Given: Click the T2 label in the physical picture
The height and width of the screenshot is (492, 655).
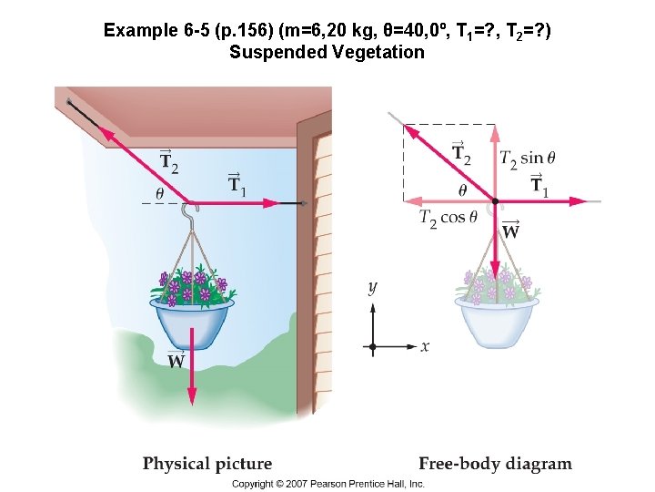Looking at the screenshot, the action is click(169, 161).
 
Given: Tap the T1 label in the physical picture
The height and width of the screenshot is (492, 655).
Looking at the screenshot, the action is click(237, 183).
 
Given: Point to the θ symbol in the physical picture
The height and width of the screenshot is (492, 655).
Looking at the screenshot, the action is click(160, 193).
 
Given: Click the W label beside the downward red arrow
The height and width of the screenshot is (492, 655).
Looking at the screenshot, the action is click(176, 360).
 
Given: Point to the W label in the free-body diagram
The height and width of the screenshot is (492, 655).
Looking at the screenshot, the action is click(511, 231).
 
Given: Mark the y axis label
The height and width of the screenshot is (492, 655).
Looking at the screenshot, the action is click(372, 288).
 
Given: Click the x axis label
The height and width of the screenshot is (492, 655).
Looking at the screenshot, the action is click(425, 346).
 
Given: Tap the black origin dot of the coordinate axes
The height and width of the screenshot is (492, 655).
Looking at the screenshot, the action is click(372, 346).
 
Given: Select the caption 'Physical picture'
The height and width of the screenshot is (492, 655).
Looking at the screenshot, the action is click(207, 464).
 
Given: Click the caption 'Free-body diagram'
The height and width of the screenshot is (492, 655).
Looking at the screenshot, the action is click(495, 464).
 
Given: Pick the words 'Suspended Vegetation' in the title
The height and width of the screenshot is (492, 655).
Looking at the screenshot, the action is click(327, 52).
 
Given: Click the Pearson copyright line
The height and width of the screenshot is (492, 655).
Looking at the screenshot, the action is click(327, 484).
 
